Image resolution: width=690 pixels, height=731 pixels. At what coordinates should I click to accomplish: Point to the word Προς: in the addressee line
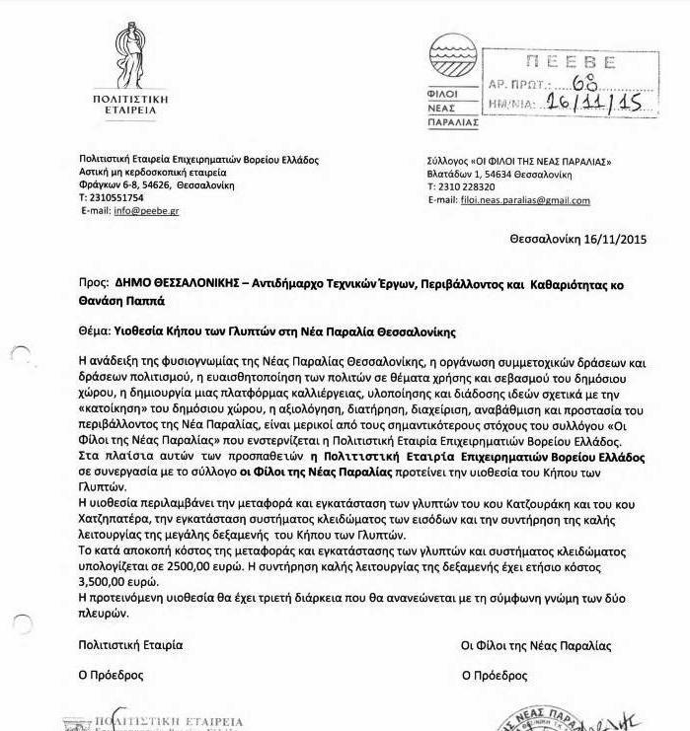pos(94,283)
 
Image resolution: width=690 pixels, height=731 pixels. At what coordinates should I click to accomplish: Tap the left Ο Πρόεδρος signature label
pos(112,676)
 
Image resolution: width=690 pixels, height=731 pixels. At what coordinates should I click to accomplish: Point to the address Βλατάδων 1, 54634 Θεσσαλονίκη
pos(499,174)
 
